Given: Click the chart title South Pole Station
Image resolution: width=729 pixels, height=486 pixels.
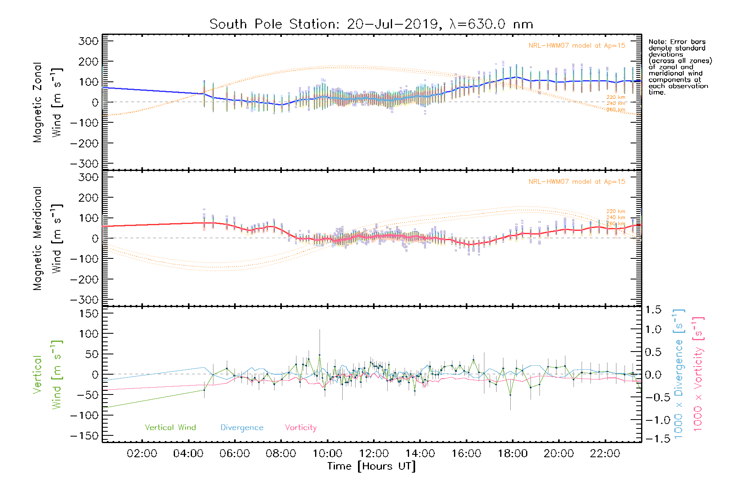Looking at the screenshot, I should tap(371, 24).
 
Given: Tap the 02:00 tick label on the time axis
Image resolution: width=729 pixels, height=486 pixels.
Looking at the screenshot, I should tap(142, 454).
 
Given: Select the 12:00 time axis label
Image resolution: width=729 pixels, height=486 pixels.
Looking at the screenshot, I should tap(374, 454).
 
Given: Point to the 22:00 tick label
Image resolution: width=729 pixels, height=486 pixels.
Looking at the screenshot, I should tap(605, 454).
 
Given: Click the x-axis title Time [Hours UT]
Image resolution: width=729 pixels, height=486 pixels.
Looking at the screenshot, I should tap(371, 466).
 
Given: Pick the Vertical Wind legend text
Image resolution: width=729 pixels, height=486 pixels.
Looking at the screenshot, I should tap(170, 428).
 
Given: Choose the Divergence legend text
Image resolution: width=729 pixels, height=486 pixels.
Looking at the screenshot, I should tap(242, 428).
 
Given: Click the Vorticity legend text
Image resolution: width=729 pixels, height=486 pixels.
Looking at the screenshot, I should tap(301, 428).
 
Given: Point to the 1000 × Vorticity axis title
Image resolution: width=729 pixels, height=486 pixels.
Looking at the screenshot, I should tap(698, 374).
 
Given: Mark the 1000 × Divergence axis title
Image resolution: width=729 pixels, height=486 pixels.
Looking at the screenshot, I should tap(679, 374).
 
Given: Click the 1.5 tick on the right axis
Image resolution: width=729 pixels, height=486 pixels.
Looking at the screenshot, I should tap(653, 310).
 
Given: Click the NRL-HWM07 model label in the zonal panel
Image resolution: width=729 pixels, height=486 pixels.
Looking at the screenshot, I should tap(577, 46).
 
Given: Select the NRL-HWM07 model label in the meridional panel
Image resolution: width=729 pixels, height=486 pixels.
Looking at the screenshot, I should tap(577, 182).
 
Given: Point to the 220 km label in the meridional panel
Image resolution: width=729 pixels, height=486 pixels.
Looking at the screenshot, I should tap(616, 211).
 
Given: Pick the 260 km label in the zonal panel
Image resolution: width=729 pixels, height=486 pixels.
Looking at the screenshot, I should tap(616, 110).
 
